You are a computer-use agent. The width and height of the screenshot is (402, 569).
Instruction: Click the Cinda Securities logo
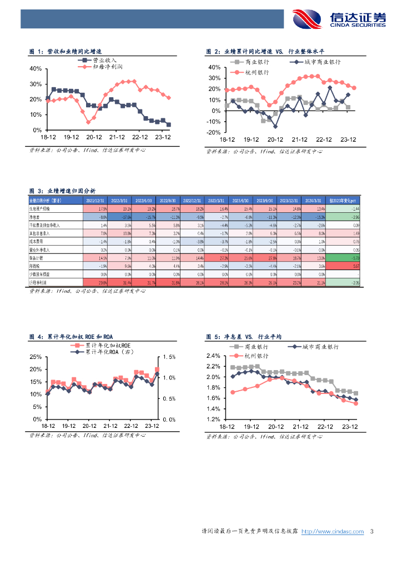(338, 18)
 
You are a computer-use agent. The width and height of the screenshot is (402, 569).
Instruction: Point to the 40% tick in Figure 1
(35, 69)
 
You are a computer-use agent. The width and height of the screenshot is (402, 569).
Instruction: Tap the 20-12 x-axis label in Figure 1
(94, 137)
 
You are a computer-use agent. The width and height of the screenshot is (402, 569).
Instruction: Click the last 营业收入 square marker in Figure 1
(169, 124)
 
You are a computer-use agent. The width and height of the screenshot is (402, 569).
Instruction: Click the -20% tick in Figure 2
(214, 133)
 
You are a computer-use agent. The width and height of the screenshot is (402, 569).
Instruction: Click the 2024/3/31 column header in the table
(314, 201)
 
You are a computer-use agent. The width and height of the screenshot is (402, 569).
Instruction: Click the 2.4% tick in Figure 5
(213, 356)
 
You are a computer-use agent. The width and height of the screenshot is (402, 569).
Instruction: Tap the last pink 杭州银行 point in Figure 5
(356, 404)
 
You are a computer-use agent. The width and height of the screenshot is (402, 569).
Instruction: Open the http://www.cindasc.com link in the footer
(332, 532)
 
